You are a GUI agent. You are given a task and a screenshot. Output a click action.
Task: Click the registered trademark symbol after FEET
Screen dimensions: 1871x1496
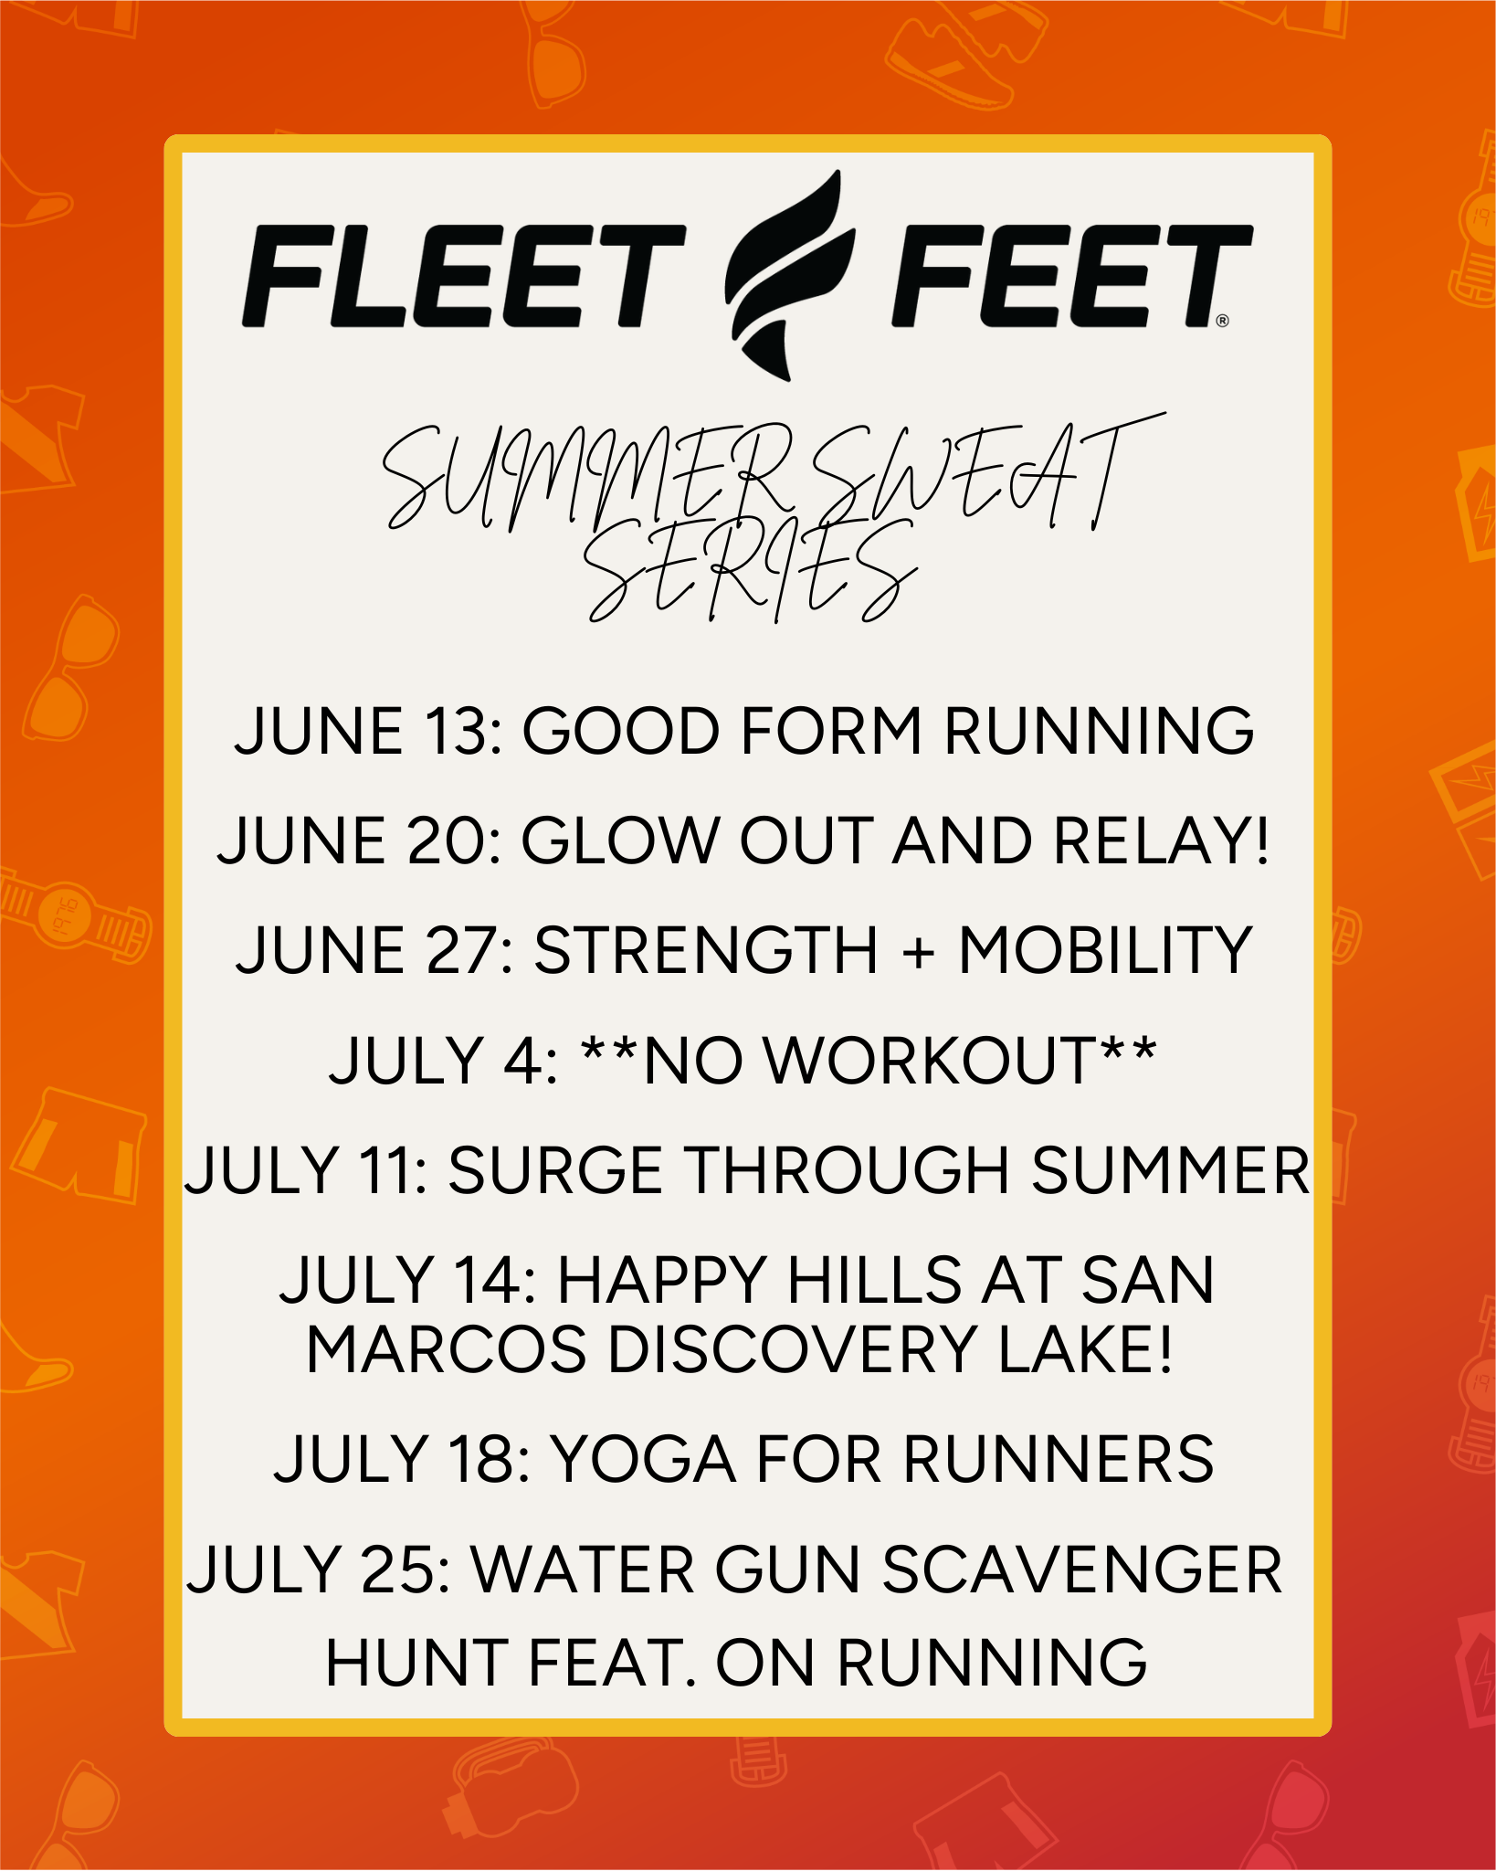pyautogui.click(x=1223, y=321)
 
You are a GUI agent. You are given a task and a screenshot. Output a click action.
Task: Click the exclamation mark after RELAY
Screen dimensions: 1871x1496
pyautogui.click(x=1261, y=841)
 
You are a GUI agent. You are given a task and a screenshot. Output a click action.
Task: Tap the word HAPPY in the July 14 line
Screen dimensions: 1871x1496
pyautogui.click(x=661, y=1280)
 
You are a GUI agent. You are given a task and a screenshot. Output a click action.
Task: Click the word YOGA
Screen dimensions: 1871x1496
pyautogui.click(x=644, y=1459)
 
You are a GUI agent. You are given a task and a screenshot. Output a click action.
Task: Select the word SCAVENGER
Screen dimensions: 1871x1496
pyautogui.click(x=1083, y=1570)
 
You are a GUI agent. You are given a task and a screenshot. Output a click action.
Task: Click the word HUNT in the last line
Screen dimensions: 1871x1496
pyautogui.click(x=416, y=1662)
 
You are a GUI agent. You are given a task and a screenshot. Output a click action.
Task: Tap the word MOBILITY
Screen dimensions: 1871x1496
pyautogui.click(x=1104, y=951)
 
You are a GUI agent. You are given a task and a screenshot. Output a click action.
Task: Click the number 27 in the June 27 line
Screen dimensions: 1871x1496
pyautogui.click(x=460, y=951)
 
